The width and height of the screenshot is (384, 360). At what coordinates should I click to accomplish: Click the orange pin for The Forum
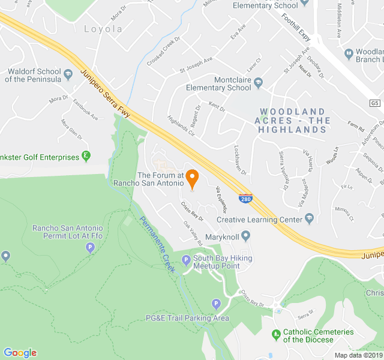pos(192,178)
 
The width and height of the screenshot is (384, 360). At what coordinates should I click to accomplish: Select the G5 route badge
pos(375,103)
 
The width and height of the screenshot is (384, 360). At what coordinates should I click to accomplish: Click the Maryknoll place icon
pos(246,235)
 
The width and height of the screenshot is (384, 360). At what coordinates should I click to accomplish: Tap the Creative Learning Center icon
pos(309,218)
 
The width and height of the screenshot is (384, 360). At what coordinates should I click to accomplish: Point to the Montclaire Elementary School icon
pos(259,83)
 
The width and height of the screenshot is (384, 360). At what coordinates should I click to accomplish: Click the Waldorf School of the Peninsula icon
pos(68,74)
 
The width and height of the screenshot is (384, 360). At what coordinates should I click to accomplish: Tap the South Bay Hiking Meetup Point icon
pos(185,260)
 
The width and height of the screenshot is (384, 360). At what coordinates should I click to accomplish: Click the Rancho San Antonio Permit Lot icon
pos(91,247)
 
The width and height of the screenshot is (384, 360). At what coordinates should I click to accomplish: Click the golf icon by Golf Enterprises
pos(86,157)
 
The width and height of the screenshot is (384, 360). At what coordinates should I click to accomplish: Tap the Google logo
pos(20,353)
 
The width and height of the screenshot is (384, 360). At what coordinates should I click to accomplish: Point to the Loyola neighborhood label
pos(103,29)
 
